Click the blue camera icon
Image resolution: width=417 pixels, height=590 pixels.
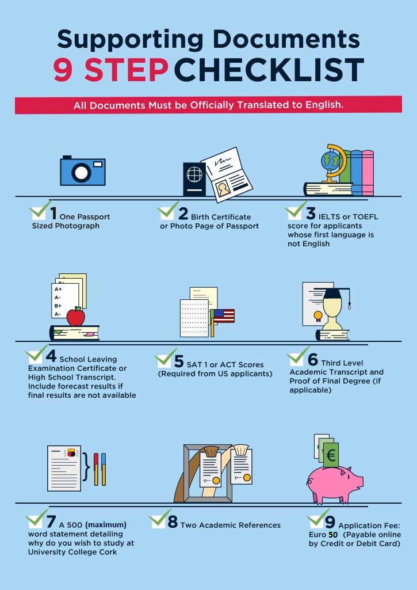tap(83, 170)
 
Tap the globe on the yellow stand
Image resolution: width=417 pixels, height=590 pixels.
tap(330, 161)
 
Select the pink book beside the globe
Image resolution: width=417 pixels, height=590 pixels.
tap(368, 172)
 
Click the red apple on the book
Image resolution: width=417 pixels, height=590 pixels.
tap(75, 317)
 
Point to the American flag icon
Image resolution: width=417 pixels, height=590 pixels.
tap(224, 316)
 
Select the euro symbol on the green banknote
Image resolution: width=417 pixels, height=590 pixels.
tap(331, 456)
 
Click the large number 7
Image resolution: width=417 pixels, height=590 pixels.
tap(51, 522)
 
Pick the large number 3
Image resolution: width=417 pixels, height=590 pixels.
tap(311, 214)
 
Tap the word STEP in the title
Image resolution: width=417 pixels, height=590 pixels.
tap(127, 70)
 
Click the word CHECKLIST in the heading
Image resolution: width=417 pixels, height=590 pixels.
tap(269, 70)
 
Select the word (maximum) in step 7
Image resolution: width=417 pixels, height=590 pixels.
tap(106, 524)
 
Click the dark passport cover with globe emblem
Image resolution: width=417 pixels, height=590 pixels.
tap(194, 179)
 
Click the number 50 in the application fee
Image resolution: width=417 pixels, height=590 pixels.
tap(333, 535)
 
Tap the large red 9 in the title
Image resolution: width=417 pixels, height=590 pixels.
tap(63, 70)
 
